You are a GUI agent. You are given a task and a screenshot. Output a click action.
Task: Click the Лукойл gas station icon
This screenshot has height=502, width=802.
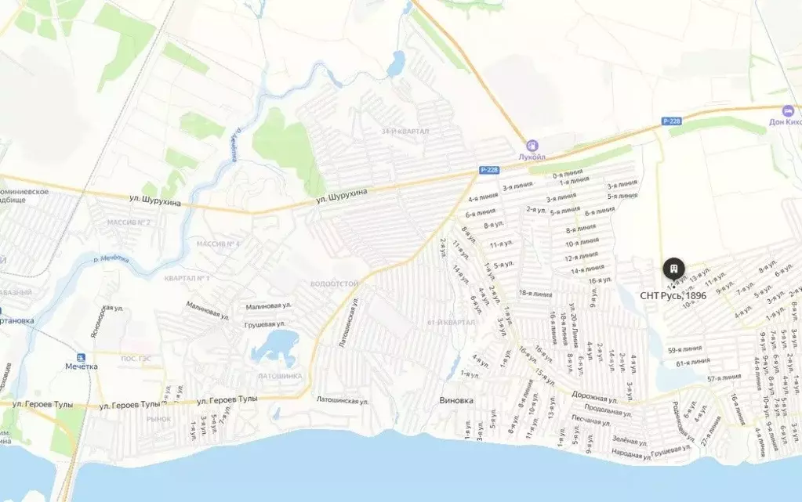pyautogui.click(x=532, y=146)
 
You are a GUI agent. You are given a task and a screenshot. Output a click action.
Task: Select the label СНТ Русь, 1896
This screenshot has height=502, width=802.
pyautogui.click(x=673, y=295)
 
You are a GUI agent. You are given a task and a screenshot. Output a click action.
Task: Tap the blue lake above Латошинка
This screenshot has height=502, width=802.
pyautogui.click(x=274, y=346)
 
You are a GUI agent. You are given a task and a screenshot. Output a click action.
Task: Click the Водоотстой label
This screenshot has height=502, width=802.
pyautogui.click(x=334, y=284)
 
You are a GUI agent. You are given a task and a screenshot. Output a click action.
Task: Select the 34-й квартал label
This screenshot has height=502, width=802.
pyautogui.click(x=405, y=131)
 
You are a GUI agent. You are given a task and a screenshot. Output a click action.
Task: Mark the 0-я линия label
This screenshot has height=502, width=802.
pyautogui.click(x=567, y=175)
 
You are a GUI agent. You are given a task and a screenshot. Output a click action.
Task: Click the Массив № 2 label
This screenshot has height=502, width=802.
pyautogui.click(x=129, y=222)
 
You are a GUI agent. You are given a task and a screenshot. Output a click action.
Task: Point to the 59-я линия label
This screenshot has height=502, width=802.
pyautogui.click(x=684, y=349)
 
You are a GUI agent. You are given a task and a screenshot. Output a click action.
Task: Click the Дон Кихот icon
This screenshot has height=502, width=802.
pyautogui.click(x=787, y=110)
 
